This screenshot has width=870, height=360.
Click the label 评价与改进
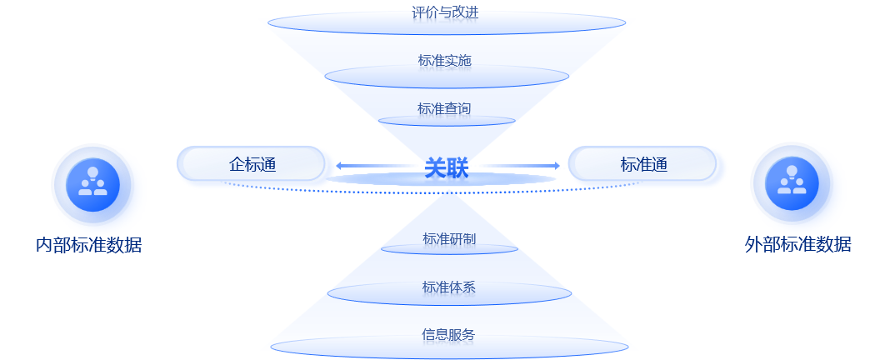446,12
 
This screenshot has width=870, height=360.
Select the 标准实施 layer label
446,61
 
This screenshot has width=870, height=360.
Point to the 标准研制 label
449,239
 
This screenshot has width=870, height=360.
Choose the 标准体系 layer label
449,287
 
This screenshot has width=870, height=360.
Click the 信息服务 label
448,335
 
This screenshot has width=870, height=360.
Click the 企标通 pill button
251,164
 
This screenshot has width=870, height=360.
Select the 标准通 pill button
643,164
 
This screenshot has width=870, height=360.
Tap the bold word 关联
447,168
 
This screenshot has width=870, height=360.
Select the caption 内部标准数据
88,245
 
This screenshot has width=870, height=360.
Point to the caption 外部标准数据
797,245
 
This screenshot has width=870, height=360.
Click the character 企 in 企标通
236,164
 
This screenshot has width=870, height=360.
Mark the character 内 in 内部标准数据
44,245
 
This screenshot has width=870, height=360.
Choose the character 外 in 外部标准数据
753,245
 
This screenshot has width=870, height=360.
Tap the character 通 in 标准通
659,164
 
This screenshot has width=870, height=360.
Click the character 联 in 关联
457,168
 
